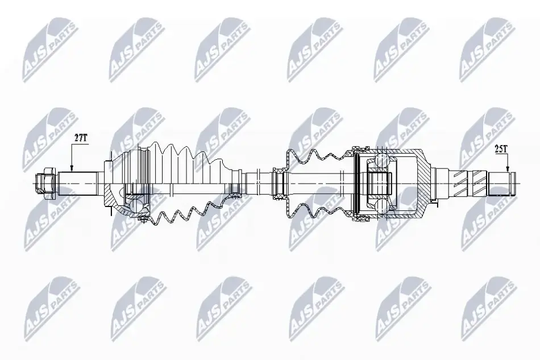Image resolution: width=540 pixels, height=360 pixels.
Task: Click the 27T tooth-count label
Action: coord(82,138)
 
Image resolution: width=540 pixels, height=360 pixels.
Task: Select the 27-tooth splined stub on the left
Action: coord(77,183)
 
